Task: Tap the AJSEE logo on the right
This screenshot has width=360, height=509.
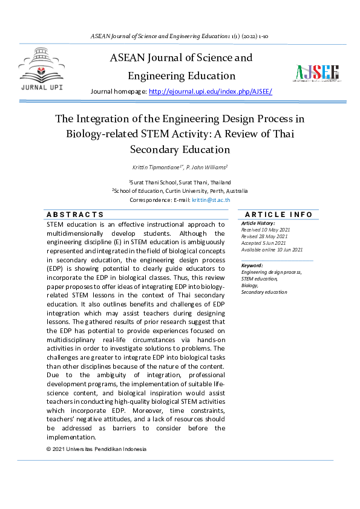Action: pos(317,73)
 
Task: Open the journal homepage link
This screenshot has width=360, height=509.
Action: pos(210,91)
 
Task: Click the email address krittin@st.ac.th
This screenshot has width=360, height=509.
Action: pos(211,199)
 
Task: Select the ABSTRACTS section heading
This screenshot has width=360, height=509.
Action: pos(75,215)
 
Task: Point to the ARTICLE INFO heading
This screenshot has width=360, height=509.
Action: pos(278,215)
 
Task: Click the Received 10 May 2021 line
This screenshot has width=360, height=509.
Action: pos(266,230)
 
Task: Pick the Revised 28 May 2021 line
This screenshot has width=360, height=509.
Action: pos(265,236)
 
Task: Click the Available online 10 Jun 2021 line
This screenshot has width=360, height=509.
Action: pos(272,250)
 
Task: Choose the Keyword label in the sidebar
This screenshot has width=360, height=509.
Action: pos(252,265)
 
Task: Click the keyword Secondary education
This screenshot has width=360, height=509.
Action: pos(264,292)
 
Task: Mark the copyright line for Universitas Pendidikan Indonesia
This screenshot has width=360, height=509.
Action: pos(96,449)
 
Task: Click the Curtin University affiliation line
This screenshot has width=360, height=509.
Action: pos(180,190)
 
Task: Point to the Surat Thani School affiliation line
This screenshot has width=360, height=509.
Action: pos(180,182)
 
